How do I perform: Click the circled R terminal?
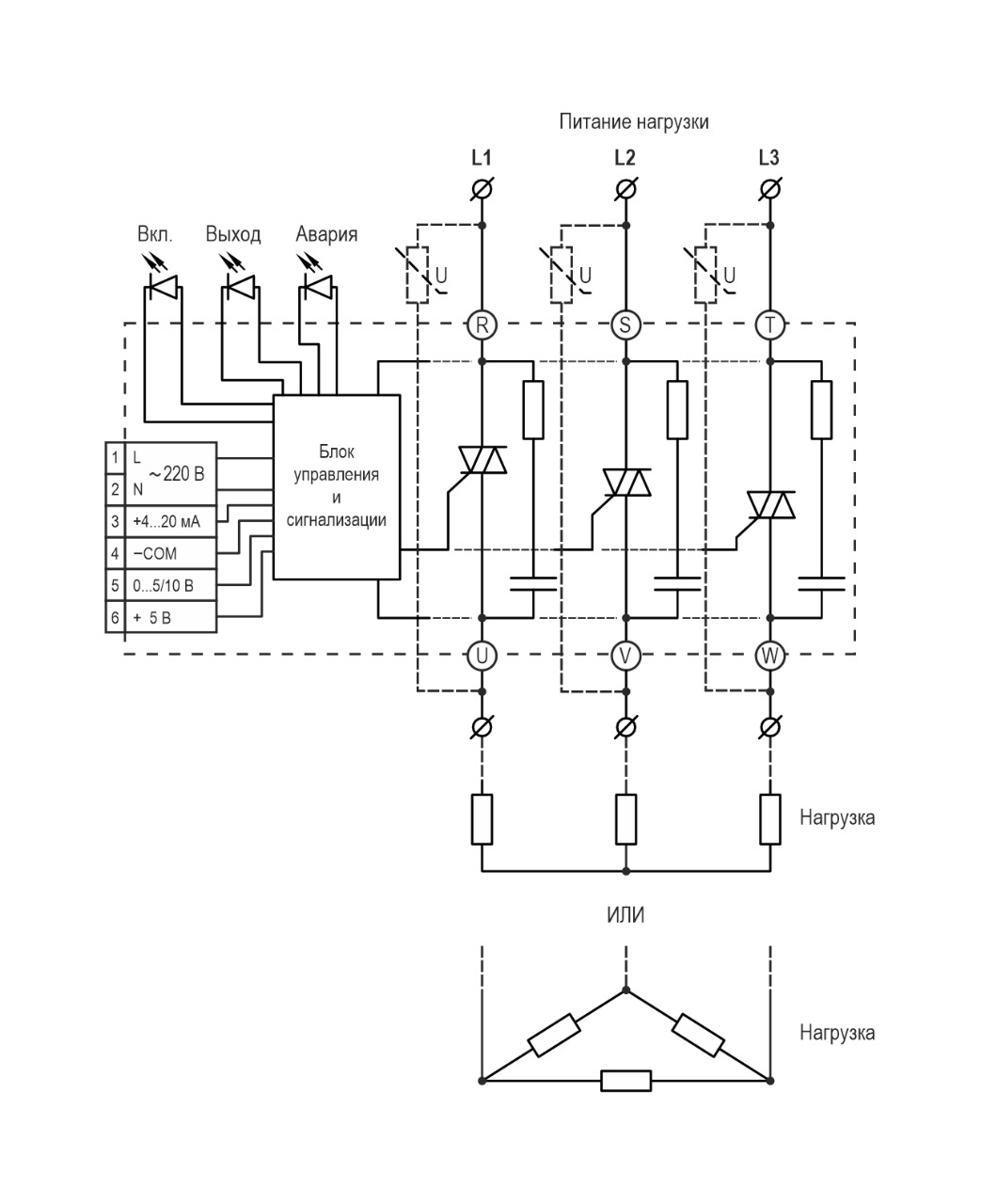tap(482, 325)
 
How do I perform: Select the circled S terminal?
tap(625, 325)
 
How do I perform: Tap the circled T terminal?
tap(770, 325)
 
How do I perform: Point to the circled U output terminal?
tap(482, 656)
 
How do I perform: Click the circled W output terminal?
tap(770, 656)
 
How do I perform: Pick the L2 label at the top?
tap(625, 158)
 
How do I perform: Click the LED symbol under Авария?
tap(318, 285)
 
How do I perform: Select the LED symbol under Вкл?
tap(165, 285)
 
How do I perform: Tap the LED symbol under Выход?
tap(241, 285)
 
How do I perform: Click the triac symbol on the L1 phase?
tap(482, 460)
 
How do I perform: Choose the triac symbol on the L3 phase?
tap(770, 505)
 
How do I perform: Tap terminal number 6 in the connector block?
tap(115, 618)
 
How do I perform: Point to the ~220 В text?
tap(176, 474)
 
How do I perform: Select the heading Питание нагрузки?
tap(633, 121)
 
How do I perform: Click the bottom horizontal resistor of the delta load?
tap(625, 1081)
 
